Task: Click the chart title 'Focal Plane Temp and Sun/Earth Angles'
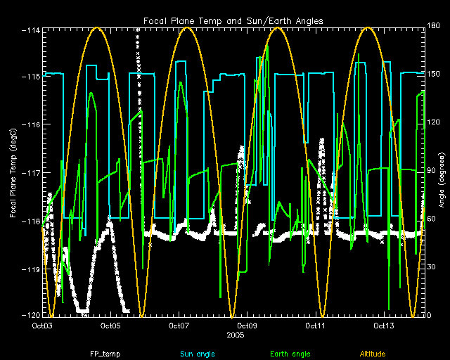tap(233, 21)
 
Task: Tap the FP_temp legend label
tap(105, 354)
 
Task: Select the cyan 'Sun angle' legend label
tap(198, 354)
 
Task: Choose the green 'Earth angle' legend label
tap(290, 354)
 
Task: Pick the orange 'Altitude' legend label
tap(373, 354)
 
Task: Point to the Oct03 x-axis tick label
tap(42, 326)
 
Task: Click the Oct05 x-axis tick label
tap(110, 326)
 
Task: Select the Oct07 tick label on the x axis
tap(179, 326)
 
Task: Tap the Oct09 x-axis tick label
tap(247, 326)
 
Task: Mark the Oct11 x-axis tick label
tap(315, 326)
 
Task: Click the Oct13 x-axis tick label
tap(384, 326)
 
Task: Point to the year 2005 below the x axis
tap(236, 335)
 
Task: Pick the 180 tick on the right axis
tap(433, 25)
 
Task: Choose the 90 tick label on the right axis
tap(431, 171)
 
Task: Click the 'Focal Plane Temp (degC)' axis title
tap(13, 173)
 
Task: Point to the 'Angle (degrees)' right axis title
tap(442, 180)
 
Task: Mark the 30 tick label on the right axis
tap(431, 267)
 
